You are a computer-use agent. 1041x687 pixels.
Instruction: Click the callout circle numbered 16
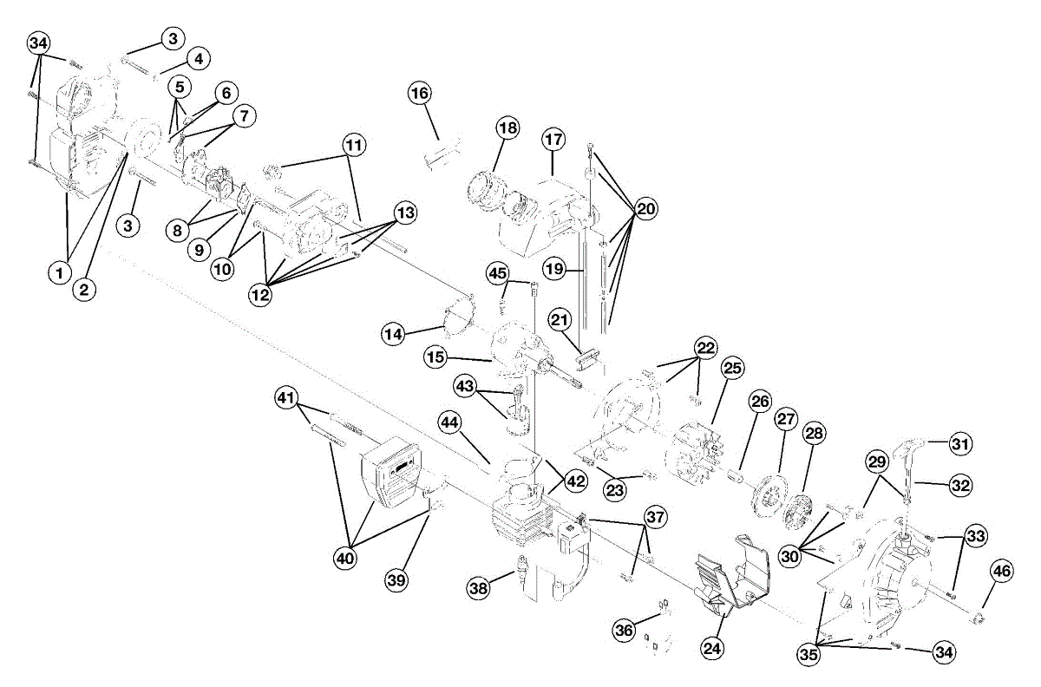420,93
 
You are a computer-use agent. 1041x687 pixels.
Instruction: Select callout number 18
507,128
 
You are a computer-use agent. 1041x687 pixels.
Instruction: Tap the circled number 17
553,139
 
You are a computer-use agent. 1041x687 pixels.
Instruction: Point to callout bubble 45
496,273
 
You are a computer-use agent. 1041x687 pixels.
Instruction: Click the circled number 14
394,331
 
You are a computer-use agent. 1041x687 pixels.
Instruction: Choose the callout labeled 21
560,321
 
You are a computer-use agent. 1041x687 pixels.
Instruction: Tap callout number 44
448,422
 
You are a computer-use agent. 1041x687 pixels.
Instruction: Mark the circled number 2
84,289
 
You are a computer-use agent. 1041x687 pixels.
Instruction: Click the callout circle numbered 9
199,250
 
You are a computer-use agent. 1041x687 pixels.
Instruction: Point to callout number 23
615,491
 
